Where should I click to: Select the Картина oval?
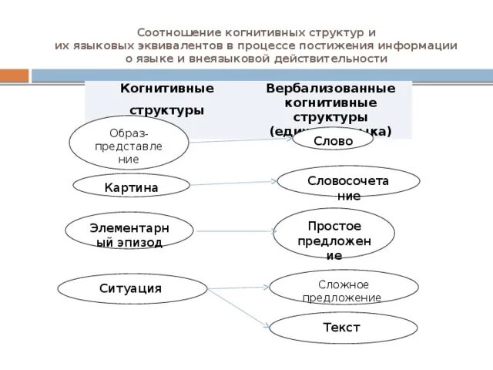pos(132,187)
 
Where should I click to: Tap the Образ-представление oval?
pos(129,143)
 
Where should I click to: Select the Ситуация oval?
pos(131,289)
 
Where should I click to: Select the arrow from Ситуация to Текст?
pos(239,307)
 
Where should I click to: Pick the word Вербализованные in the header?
pos(330,89)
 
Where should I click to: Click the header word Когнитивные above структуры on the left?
pos(166,89)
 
